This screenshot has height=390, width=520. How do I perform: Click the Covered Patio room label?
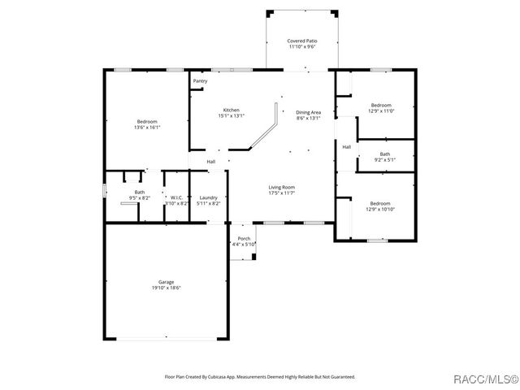(x=301, y=40)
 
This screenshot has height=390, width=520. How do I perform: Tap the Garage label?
(x=166, y=282)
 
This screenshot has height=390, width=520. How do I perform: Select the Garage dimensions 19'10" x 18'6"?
(x=166, y=288)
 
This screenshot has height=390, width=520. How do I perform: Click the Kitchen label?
(x=232, y=110)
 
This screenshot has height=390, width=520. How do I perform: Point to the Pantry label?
(x=200, y=81)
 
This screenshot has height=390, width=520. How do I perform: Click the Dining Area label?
(x=308, y=112)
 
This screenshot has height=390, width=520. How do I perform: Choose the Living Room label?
(x=282, y=187)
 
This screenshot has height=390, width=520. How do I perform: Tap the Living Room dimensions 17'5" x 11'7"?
(x=282, y=193)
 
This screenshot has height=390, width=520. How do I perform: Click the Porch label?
(x=244, y=238)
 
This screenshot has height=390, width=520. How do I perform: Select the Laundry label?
(x=208, y=197)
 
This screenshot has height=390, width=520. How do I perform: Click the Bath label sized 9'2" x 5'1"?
(x=384, y=154)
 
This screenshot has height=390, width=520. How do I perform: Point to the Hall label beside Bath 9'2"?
(x=346, y=147)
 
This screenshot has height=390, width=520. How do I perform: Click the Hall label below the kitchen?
(x=210, y=162)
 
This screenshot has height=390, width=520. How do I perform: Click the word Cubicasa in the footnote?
(x=216, y=377)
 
